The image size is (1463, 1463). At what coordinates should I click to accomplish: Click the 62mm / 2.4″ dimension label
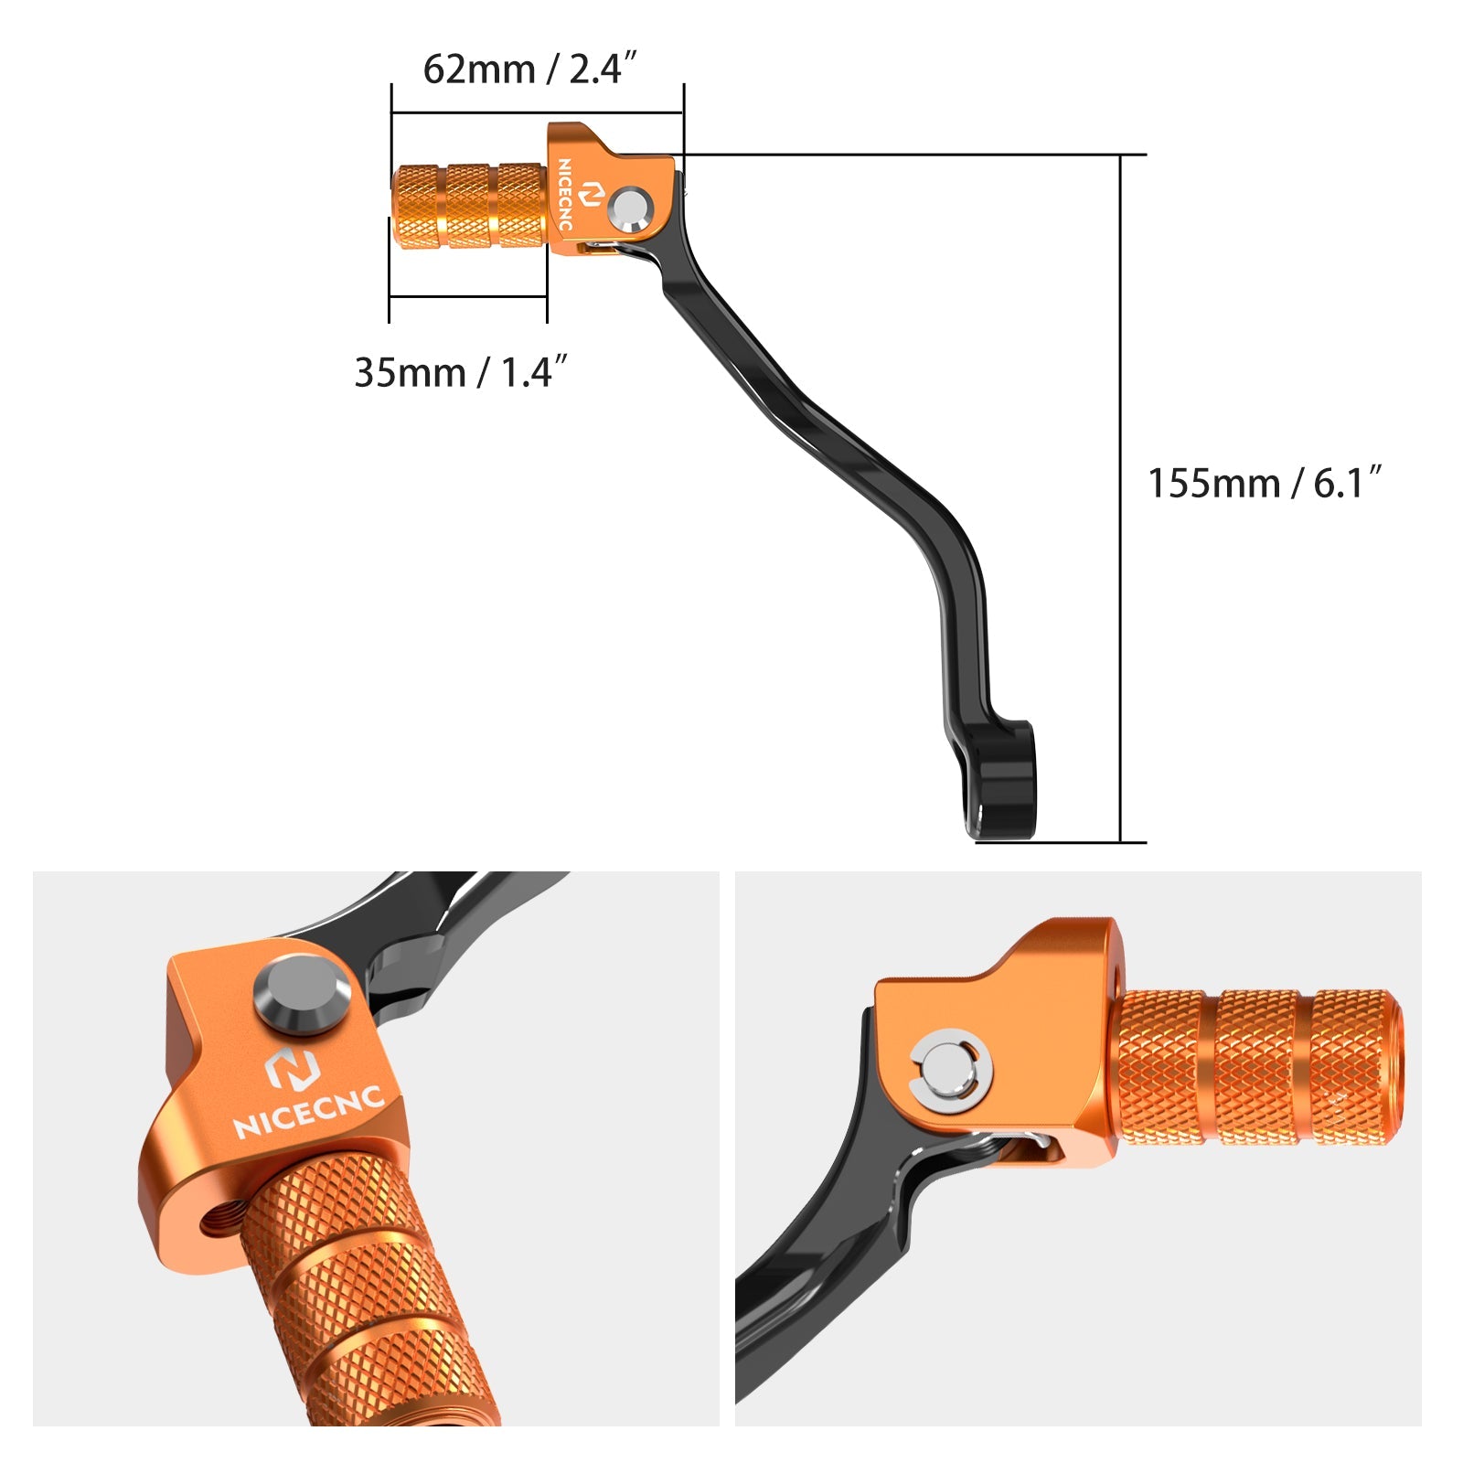click(x=529, y=69)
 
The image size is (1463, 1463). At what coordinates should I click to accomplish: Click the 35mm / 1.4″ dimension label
click(x=461, y=372)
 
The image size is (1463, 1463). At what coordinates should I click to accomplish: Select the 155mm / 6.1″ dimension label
click(x=1265, y=483)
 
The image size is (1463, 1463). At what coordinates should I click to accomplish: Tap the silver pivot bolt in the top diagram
click(x=630, y=208)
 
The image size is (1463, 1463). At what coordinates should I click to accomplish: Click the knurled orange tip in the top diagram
click(x=469, y=206)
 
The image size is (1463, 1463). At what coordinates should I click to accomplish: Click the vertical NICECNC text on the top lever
click(x=564, y=194)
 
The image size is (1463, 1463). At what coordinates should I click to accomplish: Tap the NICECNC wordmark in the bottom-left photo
click(x=309, y=1112)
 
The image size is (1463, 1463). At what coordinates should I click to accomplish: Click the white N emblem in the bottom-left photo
click(x=291, y=1069)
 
